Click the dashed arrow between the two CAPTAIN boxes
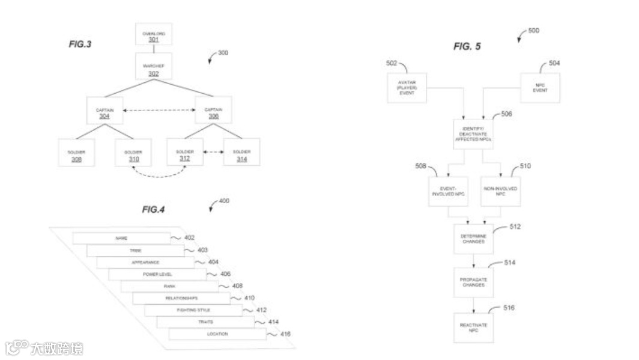pos(159,110)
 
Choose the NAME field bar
pos(121,238)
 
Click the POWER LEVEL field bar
pos(157,274)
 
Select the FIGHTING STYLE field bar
pos(193,310)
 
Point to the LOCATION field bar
pos(217,334)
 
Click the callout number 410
pos(249,297)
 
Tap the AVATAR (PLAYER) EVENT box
pos(407,88)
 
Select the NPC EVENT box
pos(540,88)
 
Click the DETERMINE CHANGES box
pos(473,239)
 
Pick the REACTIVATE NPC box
pos(473,328)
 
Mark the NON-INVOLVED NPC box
pos(501,192)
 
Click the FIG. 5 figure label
pos(467,46)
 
